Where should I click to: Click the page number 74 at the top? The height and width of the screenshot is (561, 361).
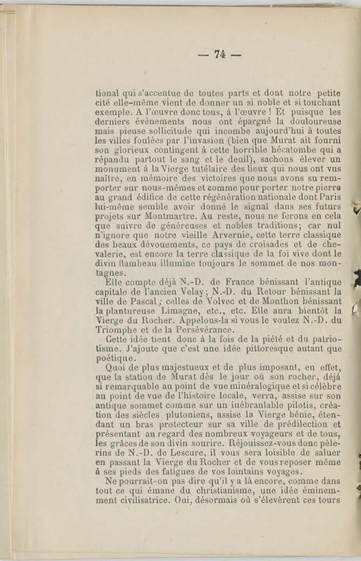(x=219, y=54)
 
